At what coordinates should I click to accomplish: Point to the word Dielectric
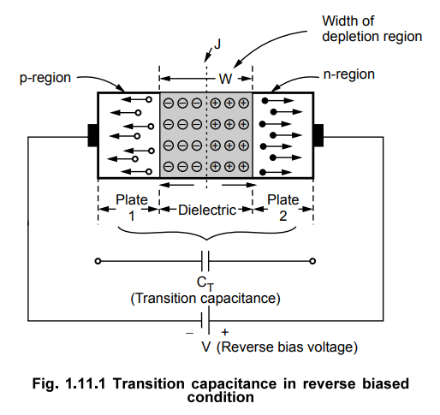(206, 210)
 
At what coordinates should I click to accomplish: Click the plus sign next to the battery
(225, 332)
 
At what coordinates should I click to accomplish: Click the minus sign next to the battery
(190, 332)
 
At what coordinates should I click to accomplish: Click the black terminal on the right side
(318, 135)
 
